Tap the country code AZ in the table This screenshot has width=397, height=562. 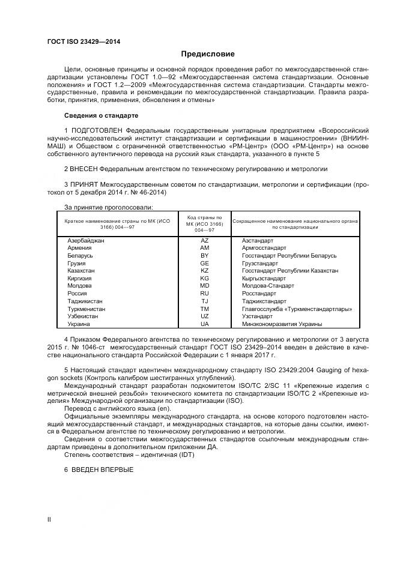coord(204,240)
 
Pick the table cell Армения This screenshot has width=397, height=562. coord(80,248)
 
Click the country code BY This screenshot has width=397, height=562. coord(204,256)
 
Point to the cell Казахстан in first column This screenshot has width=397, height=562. coord(81,271)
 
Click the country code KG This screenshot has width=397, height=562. coord(204,279)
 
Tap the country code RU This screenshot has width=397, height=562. coord(204,294)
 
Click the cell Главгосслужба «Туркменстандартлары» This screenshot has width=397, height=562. coord(296,309)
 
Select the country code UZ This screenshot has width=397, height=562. coord(204,316)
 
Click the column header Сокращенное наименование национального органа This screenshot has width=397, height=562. coord(295,224)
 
